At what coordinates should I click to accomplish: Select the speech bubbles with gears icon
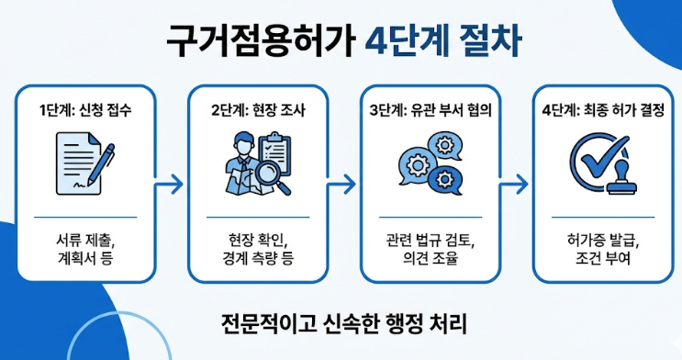426,165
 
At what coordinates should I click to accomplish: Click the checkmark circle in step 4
592,161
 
